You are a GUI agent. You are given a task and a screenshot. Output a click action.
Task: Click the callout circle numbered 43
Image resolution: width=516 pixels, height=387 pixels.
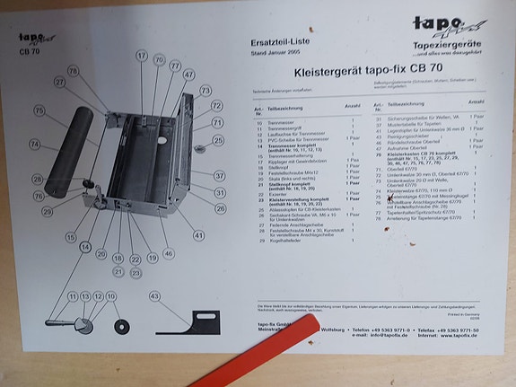point(155,295)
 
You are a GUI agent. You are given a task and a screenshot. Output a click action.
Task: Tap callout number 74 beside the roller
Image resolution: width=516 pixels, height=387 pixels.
point(34,145)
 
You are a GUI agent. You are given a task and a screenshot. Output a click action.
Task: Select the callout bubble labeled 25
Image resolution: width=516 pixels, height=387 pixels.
point(218,140)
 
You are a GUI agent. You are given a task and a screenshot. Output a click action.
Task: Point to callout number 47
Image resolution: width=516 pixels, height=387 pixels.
point(188,75)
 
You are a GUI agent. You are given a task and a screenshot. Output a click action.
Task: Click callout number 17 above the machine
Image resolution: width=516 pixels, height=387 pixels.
point(141,56)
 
